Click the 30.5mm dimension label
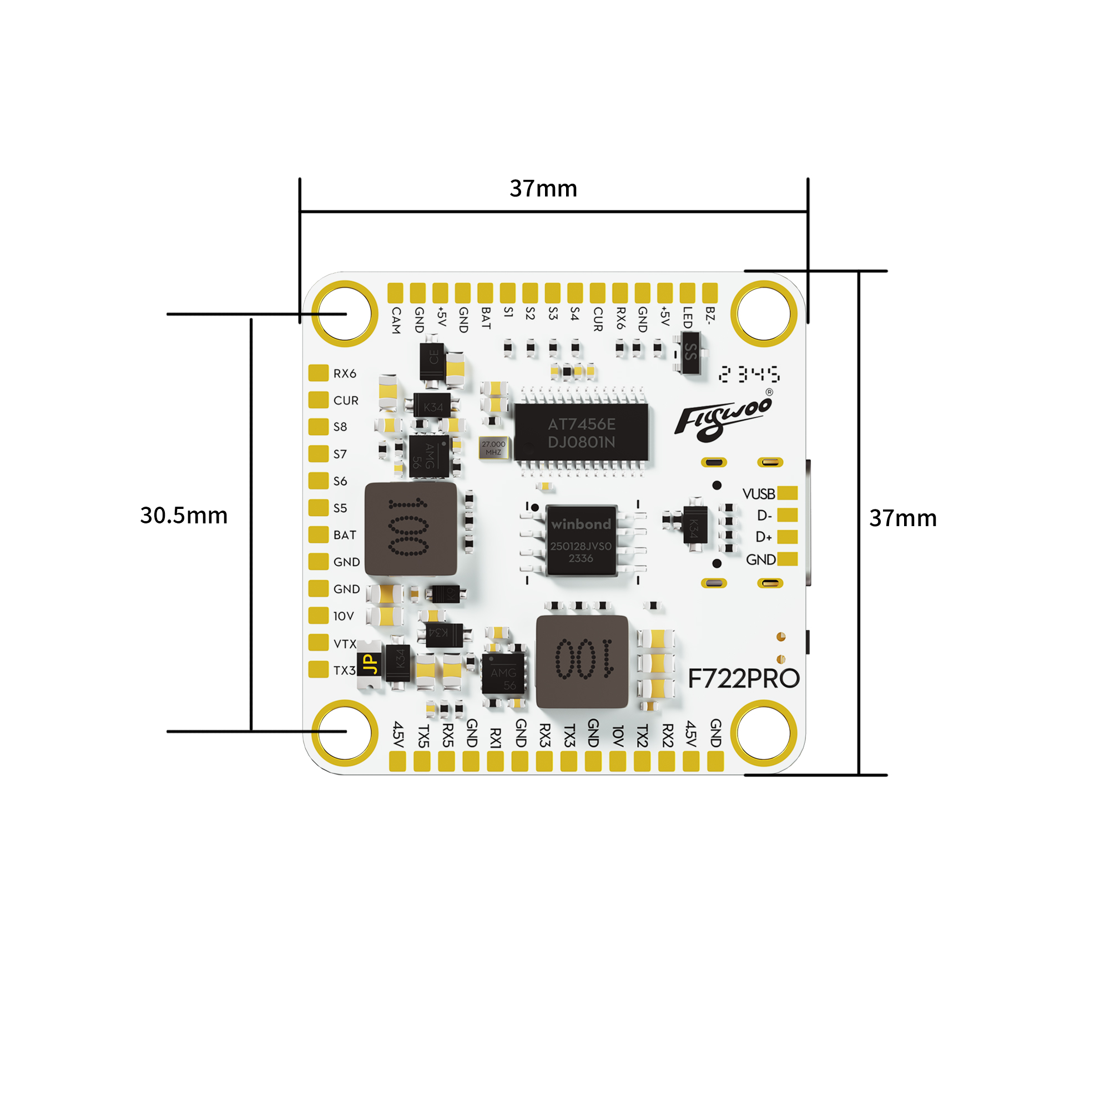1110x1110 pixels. [184, 516]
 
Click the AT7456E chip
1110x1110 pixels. [581, 433]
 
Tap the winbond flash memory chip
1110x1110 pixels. [581, 541]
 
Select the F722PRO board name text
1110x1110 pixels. [744, 679]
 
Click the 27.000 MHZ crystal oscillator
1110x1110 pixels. [493, 448]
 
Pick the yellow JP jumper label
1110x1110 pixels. [370, 664]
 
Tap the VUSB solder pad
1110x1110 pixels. [787, 493]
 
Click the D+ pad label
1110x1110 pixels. [764, 537]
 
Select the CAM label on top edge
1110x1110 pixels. [396, 320]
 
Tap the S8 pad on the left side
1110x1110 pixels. [318, 427]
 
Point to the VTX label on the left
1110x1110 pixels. [345, 644]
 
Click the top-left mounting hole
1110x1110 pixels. [344, 314]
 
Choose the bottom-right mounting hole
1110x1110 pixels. [764, 733]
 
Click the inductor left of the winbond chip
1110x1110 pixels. [410, 529]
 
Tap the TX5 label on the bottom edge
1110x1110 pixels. [423, 736]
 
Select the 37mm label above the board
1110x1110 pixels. [543, 189]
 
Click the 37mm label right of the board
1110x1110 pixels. [902, 518]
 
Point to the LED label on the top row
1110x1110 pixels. [688, 317]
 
